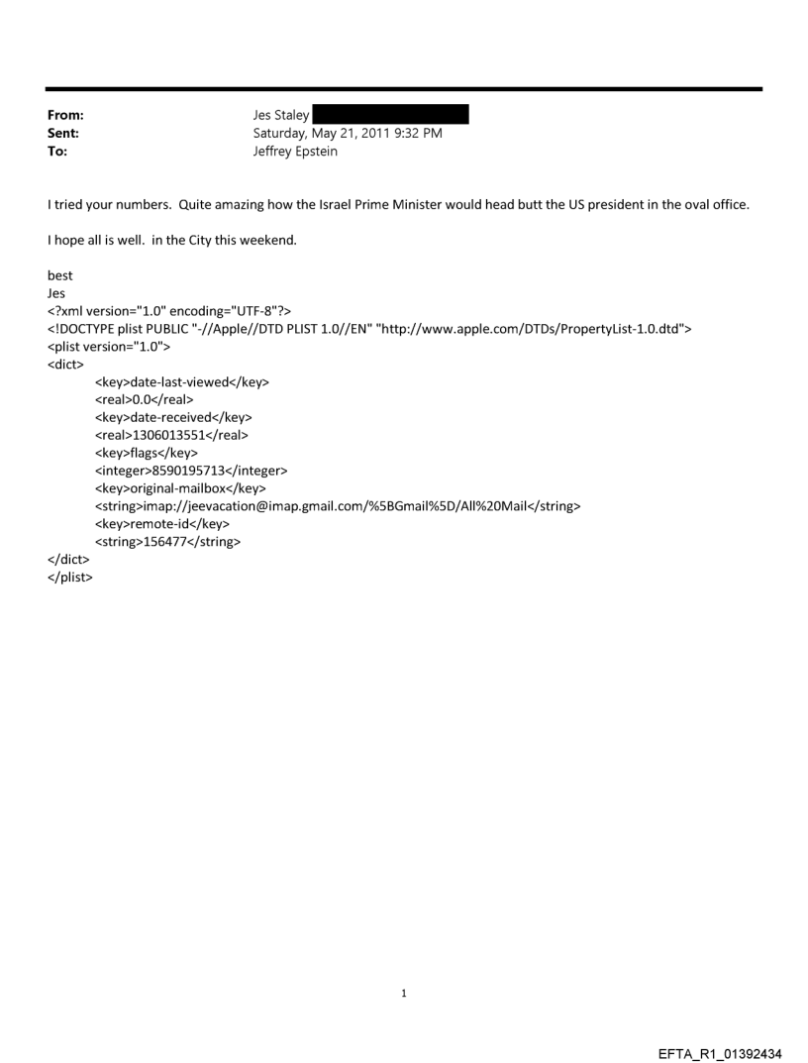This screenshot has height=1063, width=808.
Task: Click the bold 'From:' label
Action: tap(64, 116)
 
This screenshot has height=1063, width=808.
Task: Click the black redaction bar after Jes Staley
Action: tap(390, 116)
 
